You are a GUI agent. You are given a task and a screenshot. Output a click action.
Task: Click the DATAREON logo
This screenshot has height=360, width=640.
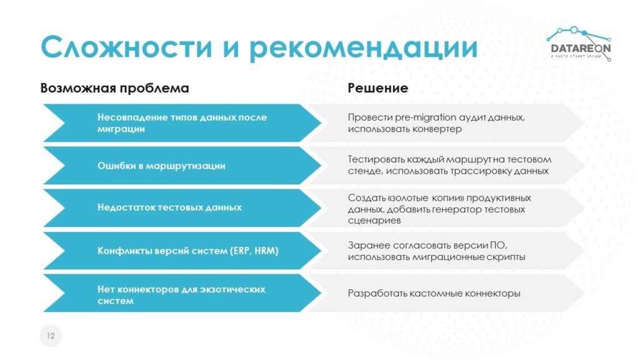pos(579,44)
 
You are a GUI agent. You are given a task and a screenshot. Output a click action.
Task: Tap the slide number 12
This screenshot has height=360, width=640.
pos(51,336)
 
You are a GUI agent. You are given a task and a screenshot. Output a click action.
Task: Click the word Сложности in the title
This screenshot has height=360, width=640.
pos(126,47)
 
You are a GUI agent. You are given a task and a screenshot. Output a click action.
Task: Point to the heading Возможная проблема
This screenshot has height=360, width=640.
pos(115,88)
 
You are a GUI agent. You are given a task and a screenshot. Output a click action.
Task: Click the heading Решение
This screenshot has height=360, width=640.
pos(378,88)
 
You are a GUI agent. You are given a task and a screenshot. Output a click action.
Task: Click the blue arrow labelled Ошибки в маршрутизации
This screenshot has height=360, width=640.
pos(182,166)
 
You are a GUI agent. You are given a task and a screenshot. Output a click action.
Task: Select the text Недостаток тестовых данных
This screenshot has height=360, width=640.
pos(169,207)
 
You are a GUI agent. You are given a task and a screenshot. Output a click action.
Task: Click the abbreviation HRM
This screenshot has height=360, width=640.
pos(266,251)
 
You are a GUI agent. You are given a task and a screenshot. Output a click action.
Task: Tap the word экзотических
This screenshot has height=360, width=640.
pos(232,289)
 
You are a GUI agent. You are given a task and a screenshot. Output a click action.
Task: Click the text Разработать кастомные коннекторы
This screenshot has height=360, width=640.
pos(434,294)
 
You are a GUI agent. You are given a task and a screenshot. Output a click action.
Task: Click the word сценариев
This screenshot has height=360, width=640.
pos(374,221)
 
